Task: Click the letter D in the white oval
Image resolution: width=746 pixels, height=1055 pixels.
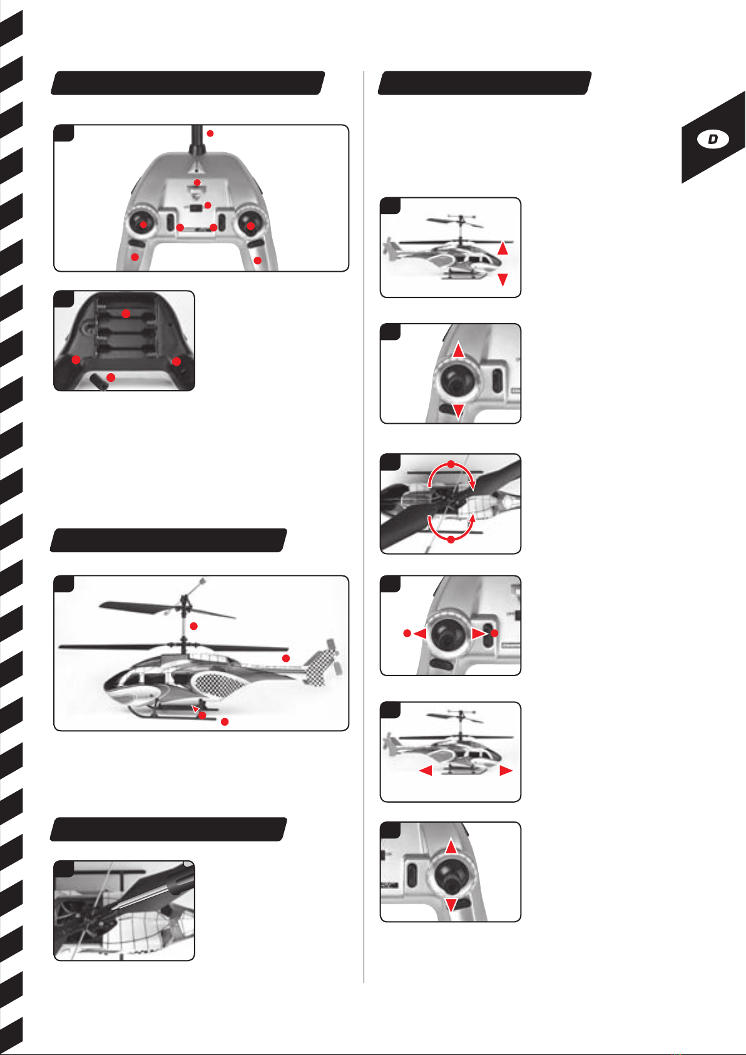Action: [713, 139]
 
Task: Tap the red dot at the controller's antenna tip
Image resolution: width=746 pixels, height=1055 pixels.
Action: [210, 134]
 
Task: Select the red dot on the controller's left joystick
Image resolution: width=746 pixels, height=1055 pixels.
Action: [143, 225]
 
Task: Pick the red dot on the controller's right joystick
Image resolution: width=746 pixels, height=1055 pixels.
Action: [251, 226]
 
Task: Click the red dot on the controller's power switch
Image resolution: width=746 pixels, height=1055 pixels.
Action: [208, 205]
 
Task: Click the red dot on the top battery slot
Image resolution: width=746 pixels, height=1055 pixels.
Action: [126, 314]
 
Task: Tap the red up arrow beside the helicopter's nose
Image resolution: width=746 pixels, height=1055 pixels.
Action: [503, 248]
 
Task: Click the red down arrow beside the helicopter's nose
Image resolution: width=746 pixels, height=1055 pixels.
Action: [503, 279]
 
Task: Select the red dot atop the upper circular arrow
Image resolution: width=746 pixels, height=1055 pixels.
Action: [451, 465]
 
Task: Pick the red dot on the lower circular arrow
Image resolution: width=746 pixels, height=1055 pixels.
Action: [451, 540]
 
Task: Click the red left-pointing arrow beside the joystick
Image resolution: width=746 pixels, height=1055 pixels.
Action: [421, 634]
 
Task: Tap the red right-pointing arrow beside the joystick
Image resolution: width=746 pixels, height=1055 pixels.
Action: [479, 634]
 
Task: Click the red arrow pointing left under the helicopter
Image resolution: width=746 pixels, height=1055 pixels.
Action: [426, 771]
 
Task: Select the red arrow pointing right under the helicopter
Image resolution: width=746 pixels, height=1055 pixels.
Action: [506, 771]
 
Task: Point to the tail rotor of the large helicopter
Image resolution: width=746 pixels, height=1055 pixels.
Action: [332, 656]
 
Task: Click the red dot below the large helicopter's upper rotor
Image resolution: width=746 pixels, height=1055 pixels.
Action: [193, 626]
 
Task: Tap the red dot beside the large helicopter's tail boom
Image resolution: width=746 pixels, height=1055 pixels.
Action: [285, 658]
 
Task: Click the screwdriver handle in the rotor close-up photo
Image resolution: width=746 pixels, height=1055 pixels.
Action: [177, 878]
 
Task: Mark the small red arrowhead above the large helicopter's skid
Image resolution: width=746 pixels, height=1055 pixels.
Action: [195, 708]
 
